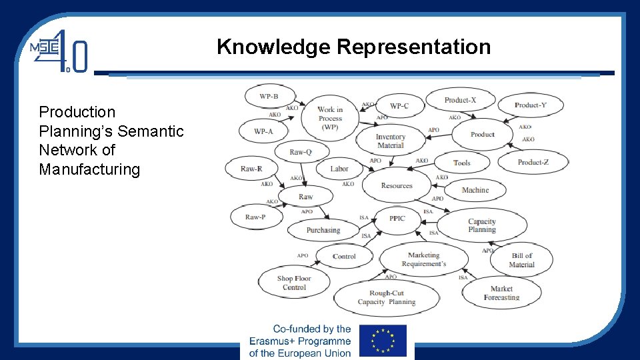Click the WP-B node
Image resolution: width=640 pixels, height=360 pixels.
pyautogui.click(x=269, y=97)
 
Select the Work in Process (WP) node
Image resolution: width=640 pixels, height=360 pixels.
pyautogui.click(x=330, y=118)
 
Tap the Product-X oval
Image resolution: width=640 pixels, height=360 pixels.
pyautogui.click(x=460, y=100)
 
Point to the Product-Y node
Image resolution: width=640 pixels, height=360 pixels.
pyautogui.click(x=530, y=105)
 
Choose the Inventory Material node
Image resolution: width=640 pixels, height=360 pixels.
pyautogui.click(x=391, y=141)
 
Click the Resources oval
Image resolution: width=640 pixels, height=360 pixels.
pyautogui.click(x=397, y=186)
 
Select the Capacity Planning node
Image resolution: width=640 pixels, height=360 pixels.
pyautogui.click(x=481, y=225)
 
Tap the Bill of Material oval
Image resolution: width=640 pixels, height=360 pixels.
pyautogui.click(x=521, y=259)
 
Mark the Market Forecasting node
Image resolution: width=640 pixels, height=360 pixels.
pyautogui.click(x=501, y=293)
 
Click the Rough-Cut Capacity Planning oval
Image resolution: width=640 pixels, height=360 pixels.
pyautogui.click(x=386, y=297)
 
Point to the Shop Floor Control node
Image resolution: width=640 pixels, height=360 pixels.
pyautogui.click(x=294, y=283)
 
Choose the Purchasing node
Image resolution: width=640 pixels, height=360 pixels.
pyautogui.click(x=323, y=230)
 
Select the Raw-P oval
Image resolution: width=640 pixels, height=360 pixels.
pyautogui.click(x=255, y=217)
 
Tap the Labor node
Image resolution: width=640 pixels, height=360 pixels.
pyautogui.click(x=339, y=169)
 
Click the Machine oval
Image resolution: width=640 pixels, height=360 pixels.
pyautogui.click(x=475, y=190)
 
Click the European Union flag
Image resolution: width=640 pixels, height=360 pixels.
pyautogui.click(x=383, y=340)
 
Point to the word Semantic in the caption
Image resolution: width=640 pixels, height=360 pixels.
pyautogui.click(x=151, y=131)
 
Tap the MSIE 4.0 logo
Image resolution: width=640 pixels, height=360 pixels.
pyautogui.click(x=59, y=51)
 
